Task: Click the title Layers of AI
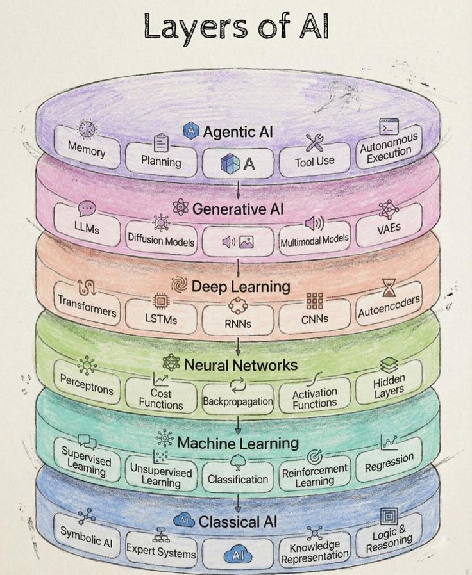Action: [x=237, y=29]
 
